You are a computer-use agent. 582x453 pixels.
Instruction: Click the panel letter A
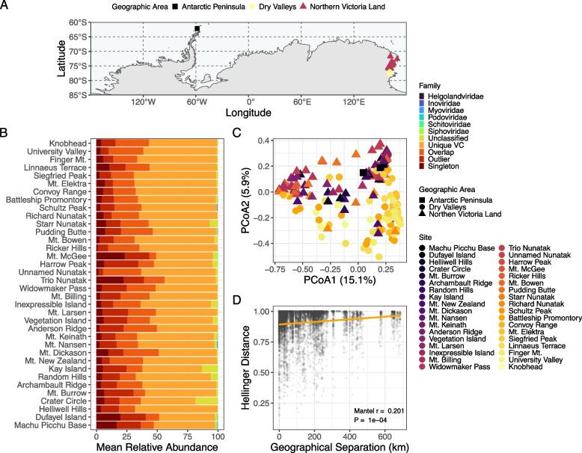point(5,6)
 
